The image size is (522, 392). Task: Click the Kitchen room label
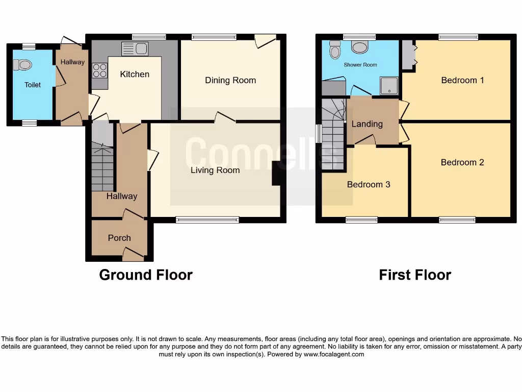pyautogui.click(x=135, y=75)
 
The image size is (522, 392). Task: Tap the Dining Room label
pyautogui.click(x=230, y=80)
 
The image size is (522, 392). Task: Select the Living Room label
pyautogui.click(x=215, y=170)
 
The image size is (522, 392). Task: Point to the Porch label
pyautogui.click(x=119, y=238)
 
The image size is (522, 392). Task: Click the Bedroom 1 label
pyautogui.click(x=462, y=80)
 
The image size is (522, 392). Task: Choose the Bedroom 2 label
pyautogui.click(x=462, y=162)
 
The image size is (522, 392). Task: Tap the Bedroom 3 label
pyautogui.click(x=369, y=184)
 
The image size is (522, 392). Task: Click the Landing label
pyautogui.click(x=367, y=124)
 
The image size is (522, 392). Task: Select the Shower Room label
pyautogui.click(x=360, y=65)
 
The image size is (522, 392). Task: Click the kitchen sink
pyautogui.click(x=135, y=49)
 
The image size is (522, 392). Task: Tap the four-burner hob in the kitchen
pyautogui.click(x=99, y=70)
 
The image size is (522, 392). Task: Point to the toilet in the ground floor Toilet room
pyautogui.click(x=23, y=65)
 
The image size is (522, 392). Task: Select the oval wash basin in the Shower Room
pyautogui.click(x=360, y=48)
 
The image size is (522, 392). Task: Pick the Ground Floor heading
pyautogui.click(x=146, y=275)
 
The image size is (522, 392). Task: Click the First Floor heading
pyautogui.click(x=415, y=275)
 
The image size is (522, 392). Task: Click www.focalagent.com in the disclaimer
pyautogui.click(x=334, y=354)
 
